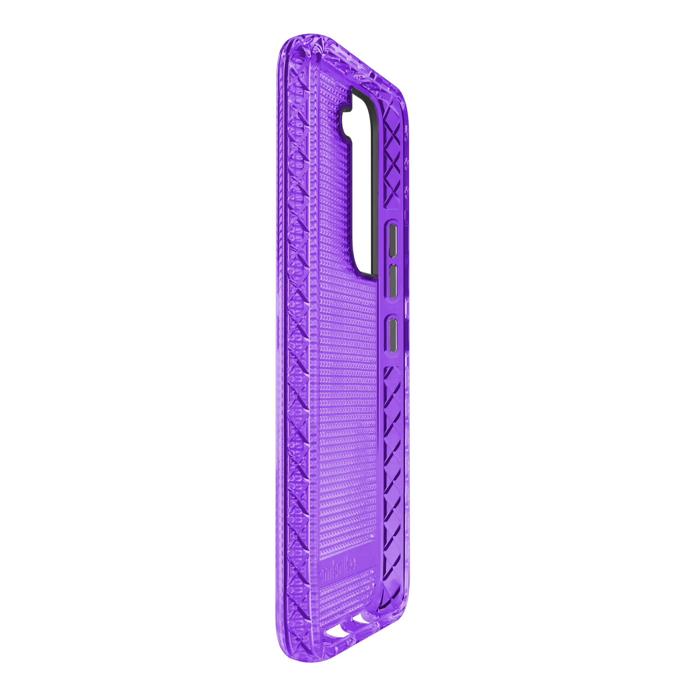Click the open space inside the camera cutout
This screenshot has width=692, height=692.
[x=360, y=186]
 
